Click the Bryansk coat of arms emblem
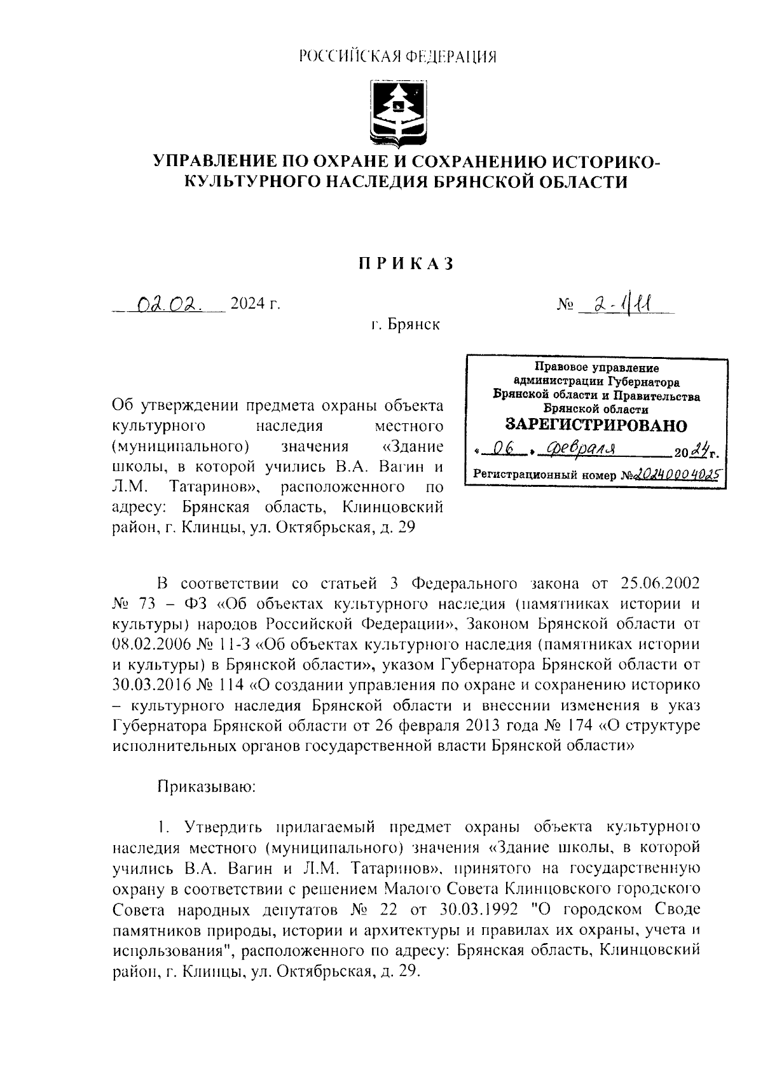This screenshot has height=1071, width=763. click(x=398, y=113)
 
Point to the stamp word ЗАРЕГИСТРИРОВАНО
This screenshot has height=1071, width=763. click(x=596, y=424)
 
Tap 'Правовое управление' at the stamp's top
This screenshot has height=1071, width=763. click(x=596, y=368)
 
